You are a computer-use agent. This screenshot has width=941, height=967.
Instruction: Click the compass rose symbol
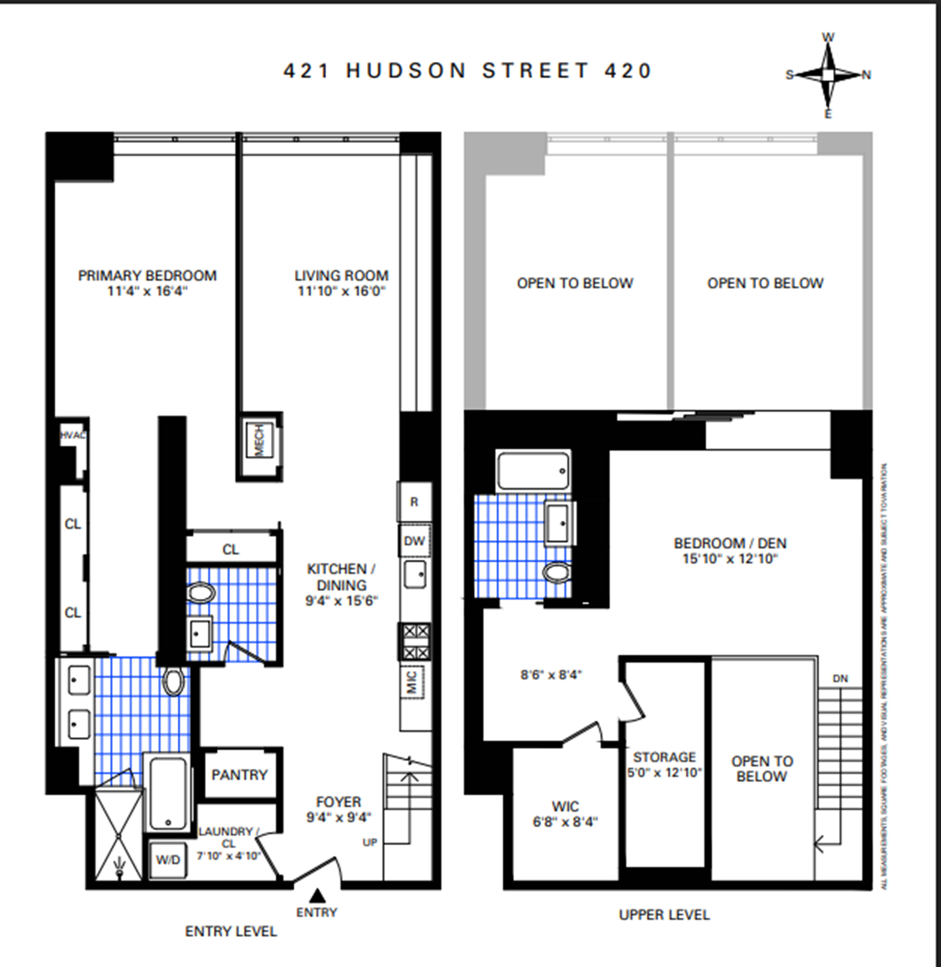point(828,75)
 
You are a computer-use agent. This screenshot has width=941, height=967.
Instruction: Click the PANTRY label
point(239,775)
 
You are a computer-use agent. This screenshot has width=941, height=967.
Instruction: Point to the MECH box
point(259,440)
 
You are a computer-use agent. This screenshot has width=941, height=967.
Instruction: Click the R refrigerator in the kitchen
point(414,502)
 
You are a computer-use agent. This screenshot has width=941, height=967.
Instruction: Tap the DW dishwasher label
point(414,541)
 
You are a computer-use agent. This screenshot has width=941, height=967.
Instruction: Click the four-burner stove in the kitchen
point(415,642)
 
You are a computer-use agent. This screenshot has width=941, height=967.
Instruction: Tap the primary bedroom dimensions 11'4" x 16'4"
point(147,291)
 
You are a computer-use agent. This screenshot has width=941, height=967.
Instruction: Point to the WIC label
point(565,807)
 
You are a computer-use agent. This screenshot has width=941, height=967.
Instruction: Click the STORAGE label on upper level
point(664,757)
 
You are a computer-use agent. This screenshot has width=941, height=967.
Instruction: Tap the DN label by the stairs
point(840,679)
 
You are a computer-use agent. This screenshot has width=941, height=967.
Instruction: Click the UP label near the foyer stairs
point(370,842)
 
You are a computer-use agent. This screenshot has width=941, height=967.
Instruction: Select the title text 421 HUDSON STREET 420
point(467,71)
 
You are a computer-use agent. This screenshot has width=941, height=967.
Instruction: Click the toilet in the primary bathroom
point(173,682)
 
